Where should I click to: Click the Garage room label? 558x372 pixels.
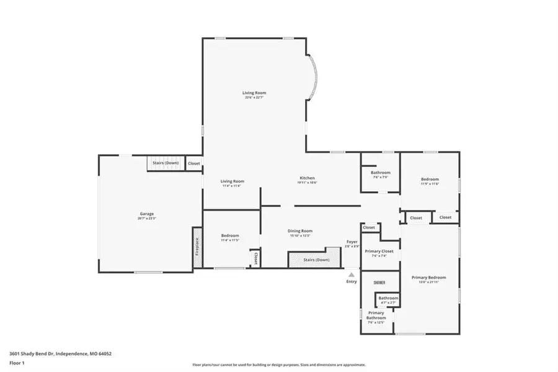click(146, 214)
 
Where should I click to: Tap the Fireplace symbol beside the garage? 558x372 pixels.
click(197, 247)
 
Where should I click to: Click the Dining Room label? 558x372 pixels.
click(300, 231)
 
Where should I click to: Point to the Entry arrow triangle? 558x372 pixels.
click(352, 274)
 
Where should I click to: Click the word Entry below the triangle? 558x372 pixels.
click(352, 282)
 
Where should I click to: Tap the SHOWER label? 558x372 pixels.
click(379, 283)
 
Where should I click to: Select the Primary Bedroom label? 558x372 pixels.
click(428, 278)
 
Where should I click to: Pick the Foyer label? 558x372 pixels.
click(352, 242)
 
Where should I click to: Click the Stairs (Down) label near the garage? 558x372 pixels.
click(166, 163)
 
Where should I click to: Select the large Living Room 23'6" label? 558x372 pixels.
click(254, 93)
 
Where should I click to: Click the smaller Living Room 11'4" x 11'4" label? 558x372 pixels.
click(232, 181)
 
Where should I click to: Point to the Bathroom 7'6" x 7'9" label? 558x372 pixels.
click(381, 173)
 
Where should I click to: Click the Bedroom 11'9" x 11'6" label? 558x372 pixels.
click(429, 179)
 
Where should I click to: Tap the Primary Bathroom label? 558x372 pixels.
click(376, 315)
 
